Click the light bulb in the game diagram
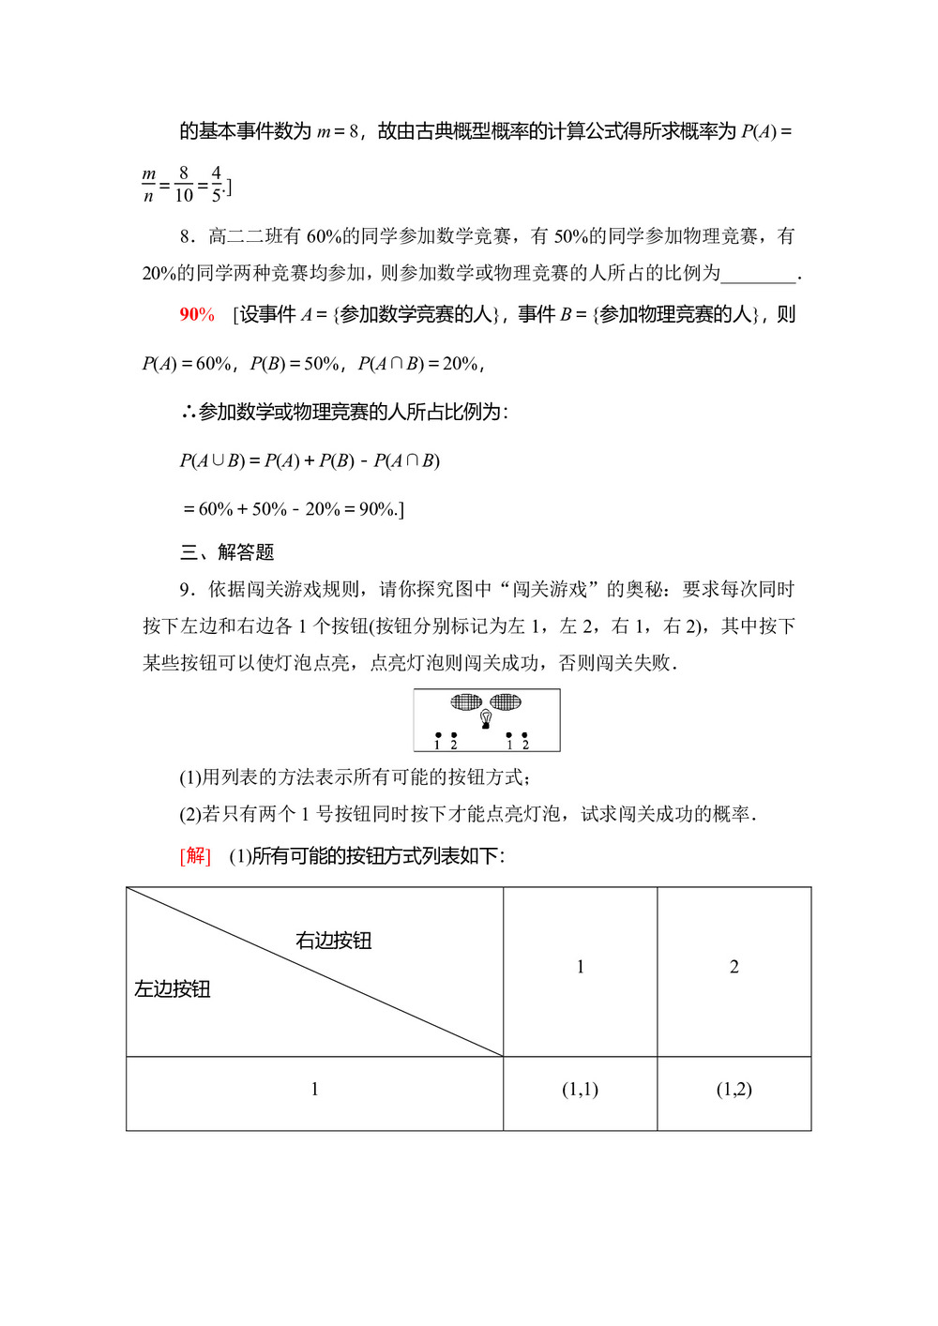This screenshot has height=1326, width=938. tap(486, 718)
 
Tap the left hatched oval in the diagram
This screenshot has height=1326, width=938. tap(466, 701)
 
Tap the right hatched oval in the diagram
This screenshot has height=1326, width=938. tap(506, 701)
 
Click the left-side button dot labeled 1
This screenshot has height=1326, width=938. tap(438, 736)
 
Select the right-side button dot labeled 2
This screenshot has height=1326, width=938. tap(524, 736)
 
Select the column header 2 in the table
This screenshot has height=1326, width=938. tap(734, 967)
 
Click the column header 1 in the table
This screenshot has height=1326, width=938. tap(581, 967)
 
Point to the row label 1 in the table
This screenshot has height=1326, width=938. tap(315, 1089)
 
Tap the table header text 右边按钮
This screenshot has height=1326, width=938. tap(334, 941)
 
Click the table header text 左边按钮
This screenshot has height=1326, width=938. tap(173, 989)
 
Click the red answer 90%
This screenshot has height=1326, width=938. tap(197, 315)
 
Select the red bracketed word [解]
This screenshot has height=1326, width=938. tap(195, 855)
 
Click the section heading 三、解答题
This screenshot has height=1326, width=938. tap(227, 552)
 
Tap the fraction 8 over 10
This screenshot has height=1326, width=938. tap(183, 185)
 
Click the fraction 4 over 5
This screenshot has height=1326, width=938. tap(217, 185)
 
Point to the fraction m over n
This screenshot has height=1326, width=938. tap(149, 185)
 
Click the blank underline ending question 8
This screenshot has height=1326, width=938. tap(758, 275)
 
